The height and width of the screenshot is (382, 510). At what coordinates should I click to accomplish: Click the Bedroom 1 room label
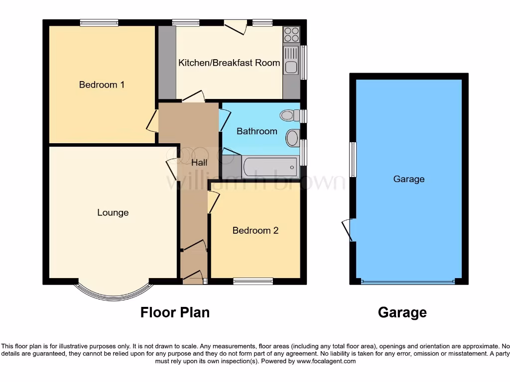point(102,85)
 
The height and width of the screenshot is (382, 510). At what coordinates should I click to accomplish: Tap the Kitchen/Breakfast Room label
point(229,63)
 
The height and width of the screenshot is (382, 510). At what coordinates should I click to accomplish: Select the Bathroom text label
point(256,131)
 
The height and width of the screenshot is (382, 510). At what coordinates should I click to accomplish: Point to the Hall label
point(199,162)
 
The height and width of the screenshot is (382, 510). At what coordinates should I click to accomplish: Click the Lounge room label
point(113,213)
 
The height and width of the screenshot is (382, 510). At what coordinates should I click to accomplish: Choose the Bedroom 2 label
point(255,231)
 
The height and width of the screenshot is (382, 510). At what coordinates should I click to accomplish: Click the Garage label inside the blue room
point(409,179)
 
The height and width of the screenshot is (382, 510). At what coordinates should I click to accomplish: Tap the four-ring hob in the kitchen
point(291,35)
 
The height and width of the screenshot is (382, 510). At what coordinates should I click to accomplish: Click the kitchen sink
point(291,60)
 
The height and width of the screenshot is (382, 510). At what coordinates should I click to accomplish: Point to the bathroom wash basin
point(293,137)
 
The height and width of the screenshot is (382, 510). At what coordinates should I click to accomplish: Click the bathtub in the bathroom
point(270,167)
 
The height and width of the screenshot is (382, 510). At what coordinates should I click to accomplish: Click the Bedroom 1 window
point(99,22)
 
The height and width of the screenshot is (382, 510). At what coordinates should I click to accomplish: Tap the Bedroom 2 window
point(253,282)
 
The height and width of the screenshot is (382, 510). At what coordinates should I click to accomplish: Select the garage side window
point(353,159)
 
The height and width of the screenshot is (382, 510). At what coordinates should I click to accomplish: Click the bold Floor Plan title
point(175,312)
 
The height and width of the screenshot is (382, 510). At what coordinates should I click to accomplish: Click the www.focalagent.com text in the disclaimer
point(326,361)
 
